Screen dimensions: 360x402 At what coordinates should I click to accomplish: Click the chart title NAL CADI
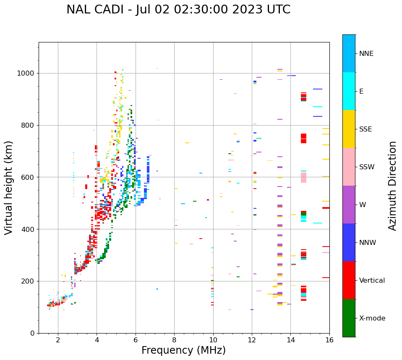(178, 10)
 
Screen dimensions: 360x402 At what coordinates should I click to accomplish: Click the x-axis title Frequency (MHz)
(183, 350)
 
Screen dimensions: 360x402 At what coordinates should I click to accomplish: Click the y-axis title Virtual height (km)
(9, 187)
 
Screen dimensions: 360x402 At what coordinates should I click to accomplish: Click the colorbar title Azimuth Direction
(392, 185)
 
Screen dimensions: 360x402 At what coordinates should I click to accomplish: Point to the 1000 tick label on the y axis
(26, 74)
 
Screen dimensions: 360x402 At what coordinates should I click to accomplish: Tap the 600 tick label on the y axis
(29, 177)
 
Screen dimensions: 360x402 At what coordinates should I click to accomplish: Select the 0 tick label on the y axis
(32, 333)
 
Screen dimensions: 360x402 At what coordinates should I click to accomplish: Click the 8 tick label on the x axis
(174, 340)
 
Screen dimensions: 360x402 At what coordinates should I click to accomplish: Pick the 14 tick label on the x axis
(290, 340)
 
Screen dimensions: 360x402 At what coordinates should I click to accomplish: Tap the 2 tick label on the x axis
(58, 340)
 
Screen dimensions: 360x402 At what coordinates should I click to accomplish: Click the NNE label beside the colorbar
(366, 54)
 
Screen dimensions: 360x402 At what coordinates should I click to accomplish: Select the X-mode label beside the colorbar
(372, 318)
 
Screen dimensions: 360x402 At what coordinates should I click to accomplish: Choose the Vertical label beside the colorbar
(372, 281)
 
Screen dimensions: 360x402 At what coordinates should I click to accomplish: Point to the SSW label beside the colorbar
(367, 167)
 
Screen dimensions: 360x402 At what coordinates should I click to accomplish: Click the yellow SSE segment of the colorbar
(349, 129)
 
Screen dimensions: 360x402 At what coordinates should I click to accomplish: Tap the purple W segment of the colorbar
(349, 205)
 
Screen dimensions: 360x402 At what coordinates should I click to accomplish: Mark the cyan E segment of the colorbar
(349, 91)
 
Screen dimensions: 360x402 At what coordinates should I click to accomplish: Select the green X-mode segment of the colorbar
(349, 318)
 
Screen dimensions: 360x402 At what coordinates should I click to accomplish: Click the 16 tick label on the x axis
(329, 340)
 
